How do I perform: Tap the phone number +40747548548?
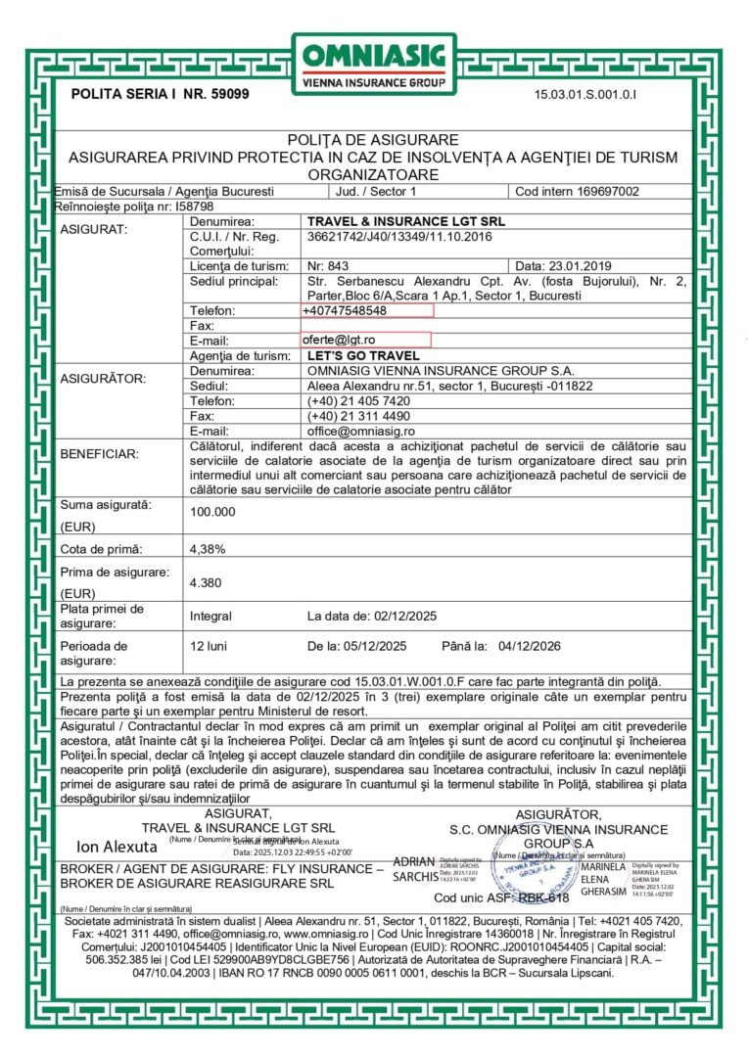point(345,310)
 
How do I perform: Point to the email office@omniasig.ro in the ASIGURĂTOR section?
point(361,431)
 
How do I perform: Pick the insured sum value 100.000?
point(212,512)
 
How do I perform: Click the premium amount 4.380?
point(206,583)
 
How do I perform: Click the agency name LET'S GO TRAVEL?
point(363,356)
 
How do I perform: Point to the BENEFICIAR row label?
point(100,454)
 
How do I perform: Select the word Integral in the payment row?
point(210,617)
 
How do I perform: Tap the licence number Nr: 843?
point(328,266)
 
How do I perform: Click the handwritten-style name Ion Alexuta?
point(117,846)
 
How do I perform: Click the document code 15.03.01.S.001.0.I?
point(585,95)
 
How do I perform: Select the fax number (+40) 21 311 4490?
point(358,416)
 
